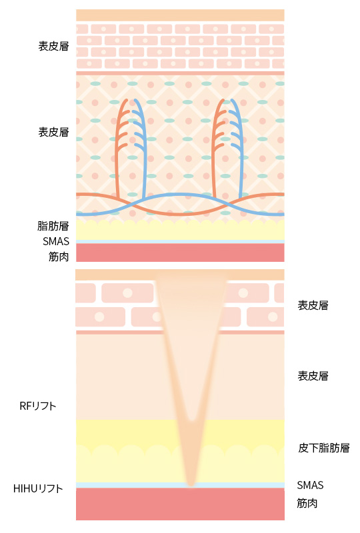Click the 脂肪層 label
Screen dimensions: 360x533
(53, 226)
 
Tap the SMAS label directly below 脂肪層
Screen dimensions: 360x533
(56, 241)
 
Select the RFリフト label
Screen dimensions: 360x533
(38, 406)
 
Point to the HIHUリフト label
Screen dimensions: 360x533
(38, 488)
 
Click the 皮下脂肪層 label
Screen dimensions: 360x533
(323, 448)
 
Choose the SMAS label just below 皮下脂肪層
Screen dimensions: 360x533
(310, 485)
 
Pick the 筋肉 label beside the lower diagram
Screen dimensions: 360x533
(307, 503)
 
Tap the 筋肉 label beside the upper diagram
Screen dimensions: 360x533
(59, 257)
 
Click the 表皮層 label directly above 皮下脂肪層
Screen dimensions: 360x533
(313, 376)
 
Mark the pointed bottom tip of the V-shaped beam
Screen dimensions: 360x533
(191, 485)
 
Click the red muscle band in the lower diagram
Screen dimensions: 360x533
(180, 504)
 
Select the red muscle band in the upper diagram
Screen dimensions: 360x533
(180, 253)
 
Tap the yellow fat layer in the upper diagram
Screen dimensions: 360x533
(180, 230)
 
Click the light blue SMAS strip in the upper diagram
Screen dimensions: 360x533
(180, 242)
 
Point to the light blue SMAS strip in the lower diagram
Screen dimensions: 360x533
(180, 486)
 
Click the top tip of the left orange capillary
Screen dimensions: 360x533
(126, 101)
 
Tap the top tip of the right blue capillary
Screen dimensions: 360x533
(232, 101)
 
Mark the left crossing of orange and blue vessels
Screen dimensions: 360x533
(132, 205)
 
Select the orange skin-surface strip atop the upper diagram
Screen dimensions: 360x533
(180, 15)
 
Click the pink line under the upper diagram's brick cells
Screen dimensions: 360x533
(180, 73)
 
